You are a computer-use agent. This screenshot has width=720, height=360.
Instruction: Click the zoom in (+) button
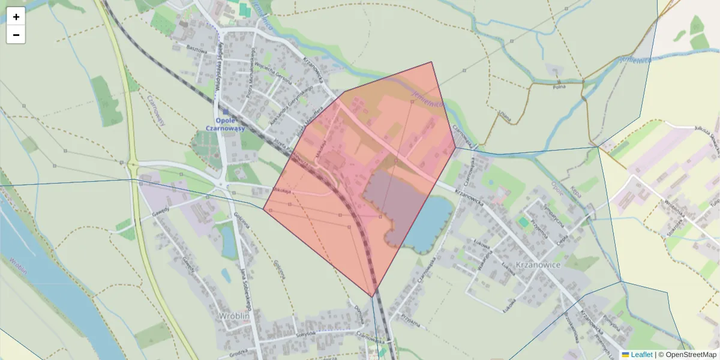pyautogui.click(x=16, y=17)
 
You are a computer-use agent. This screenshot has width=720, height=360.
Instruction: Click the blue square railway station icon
pyautogui.click(x=226, y=111)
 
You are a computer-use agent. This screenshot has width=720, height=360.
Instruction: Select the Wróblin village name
pyautogui.click(x=233, y=316)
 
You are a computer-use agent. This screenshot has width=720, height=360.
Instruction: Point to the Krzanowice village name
pyautogui.click(x=538, y=265)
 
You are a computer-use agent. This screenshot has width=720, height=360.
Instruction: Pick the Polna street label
pyautogui.click(x=559, y=87)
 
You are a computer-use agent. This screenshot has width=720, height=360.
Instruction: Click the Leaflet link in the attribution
pyautogui.click(x=641, y=355)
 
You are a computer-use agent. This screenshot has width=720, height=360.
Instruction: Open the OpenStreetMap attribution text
pyautogui.click(x=691, y=355)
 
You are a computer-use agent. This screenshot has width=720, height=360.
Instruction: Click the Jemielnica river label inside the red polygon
pyautogui.click(x=427, y=100)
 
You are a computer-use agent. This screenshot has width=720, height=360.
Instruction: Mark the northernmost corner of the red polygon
pyautogui.click(x=431, y=62)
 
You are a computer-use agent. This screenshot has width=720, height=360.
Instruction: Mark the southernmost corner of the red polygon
pyautogui.click(x=373, y=296)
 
